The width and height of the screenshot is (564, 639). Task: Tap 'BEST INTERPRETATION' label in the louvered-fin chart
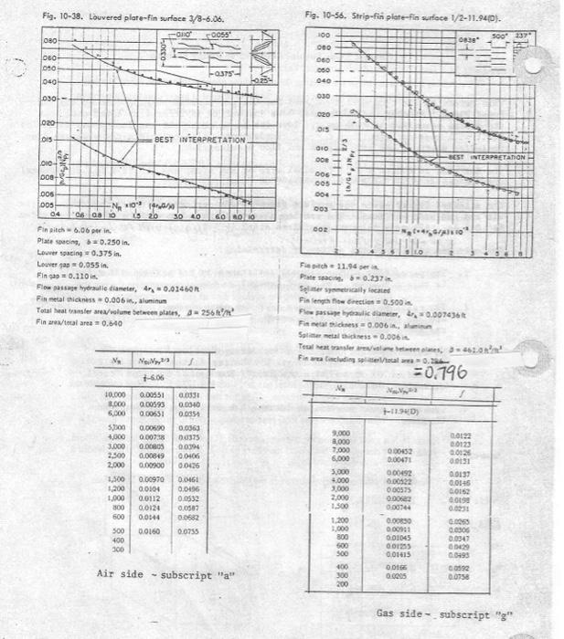tap(200, 140)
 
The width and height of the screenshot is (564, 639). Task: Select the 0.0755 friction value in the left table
tap(188, 529)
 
